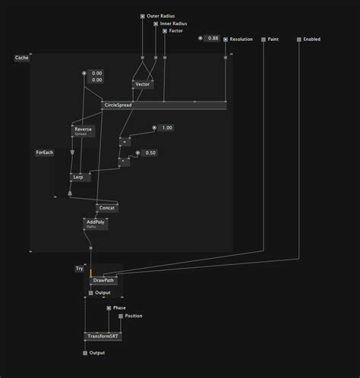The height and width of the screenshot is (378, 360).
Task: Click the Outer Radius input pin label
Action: point(160,15)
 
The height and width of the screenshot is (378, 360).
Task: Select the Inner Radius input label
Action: point(174,24)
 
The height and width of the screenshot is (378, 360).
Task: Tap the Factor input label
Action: point(175,31)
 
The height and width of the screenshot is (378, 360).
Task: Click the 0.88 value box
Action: point(213,38)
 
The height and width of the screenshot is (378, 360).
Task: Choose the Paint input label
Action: point(274,39)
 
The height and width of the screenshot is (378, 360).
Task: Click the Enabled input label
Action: point(312,39)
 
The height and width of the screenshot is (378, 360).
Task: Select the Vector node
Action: point(143,84)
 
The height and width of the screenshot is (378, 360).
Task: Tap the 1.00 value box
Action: point(166,128)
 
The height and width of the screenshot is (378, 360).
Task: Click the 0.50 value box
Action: point(150,153)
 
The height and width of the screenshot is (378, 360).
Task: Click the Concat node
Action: point(106,207)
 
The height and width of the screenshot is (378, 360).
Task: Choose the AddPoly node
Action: point(95,223)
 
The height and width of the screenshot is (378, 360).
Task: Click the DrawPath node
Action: point(104,280)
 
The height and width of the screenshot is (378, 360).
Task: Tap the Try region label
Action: point(79,268)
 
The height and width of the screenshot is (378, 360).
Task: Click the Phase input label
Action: point(119,308)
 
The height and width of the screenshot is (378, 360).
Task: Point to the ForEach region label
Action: point(45,153)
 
